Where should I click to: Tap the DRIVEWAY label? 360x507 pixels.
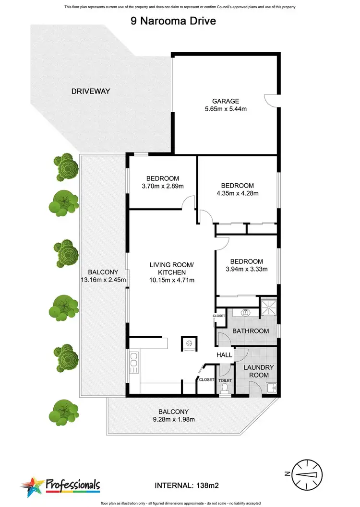[x=91, y=91]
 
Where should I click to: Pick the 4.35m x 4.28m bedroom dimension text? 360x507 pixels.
[x=237, y=194]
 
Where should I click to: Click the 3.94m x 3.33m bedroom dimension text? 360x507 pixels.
[x=246, y=269]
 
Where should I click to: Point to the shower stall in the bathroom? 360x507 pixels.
[x=268, y=307]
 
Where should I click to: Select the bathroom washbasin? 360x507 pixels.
[x=246, y=312]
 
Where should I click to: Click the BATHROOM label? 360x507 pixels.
[x=250, y=331]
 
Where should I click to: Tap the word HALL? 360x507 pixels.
[x=224, y=355]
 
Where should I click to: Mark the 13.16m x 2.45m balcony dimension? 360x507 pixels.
[x=103, y=280]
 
